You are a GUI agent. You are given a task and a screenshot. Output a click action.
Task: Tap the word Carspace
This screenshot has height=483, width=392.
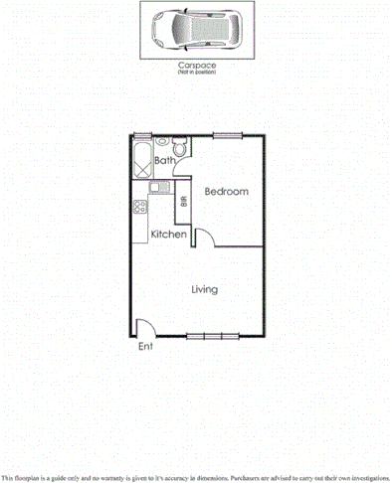coord(196,65)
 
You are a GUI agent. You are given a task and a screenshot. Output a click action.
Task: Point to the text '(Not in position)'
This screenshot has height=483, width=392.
coord(196,73)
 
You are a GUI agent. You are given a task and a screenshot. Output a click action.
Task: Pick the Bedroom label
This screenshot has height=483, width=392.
coord(226,191)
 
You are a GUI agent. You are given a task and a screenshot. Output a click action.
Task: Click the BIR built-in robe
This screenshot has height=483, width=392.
coord(182,206)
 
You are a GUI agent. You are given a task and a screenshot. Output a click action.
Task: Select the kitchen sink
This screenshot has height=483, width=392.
coord(156,186)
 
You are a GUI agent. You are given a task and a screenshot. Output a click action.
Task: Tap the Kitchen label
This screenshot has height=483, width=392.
coord(169,235)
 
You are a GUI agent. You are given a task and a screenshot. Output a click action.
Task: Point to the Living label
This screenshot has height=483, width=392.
coord(205,289)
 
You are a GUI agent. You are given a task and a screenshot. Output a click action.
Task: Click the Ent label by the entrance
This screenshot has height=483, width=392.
coord(146,347)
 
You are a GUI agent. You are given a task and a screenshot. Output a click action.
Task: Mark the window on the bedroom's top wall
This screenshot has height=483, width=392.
coord(227,135)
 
